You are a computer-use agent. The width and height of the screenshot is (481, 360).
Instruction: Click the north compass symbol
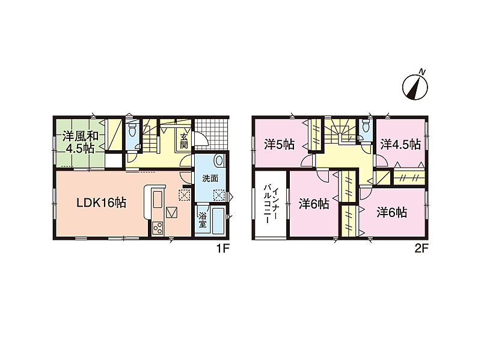click(415, 87)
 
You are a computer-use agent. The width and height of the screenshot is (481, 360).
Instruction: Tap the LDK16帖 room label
click(101, 203)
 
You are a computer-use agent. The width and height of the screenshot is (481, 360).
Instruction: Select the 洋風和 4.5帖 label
click(81, 142)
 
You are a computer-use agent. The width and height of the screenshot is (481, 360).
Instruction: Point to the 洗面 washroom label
click(210, 178)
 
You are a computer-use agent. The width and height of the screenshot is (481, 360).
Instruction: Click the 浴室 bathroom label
click(202, 220)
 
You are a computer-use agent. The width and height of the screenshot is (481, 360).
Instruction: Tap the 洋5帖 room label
click(280, 144)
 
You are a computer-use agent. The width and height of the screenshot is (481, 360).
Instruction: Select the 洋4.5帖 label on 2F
click(400, 144)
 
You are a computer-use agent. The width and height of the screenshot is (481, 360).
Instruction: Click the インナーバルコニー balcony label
click(270, 204)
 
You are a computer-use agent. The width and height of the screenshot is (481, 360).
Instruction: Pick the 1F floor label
click(222, 248)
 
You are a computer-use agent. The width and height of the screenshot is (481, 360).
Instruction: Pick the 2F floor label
click(421, 248)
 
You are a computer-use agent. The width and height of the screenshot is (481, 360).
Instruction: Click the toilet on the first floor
click(132, 130)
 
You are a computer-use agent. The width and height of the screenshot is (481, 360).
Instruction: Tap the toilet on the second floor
click(366, 126)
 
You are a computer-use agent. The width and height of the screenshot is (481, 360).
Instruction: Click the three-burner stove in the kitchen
click(158, 228)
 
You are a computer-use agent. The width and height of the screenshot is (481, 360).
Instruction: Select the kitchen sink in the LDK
click(158, 201)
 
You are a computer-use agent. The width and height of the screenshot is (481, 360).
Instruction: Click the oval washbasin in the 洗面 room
click(219, 160)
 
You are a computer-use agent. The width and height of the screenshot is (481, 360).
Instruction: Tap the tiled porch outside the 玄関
click(212, 133)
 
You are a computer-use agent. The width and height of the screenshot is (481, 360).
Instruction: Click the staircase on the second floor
click(340, 131)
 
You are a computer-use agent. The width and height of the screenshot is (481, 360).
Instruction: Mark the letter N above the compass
click(423, 72)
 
